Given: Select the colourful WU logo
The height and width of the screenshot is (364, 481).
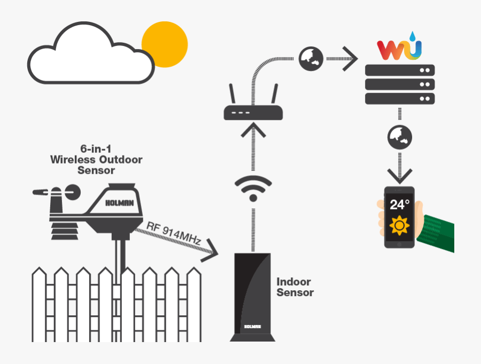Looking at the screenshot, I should tap(399, 47).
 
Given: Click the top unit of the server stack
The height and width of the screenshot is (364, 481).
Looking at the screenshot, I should tap(399, 70).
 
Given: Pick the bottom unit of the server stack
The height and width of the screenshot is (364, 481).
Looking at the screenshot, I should tap(399, 98).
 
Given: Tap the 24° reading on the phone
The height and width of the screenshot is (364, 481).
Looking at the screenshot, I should tap(399, 205).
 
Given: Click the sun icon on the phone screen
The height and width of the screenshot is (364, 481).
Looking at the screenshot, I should tap(399, 226).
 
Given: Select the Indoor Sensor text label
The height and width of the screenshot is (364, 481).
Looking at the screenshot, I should tap(294, 287).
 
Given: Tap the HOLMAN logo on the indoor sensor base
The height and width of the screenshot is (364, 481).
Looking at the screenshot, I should tap(252, 326).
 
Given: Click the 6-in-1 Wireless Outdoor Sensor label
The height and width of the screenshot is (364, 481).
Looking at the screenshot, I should tap(96, 159).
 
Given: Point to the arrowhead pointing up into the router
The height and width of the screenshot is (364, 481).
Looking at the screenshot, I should tap(253, 129).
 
